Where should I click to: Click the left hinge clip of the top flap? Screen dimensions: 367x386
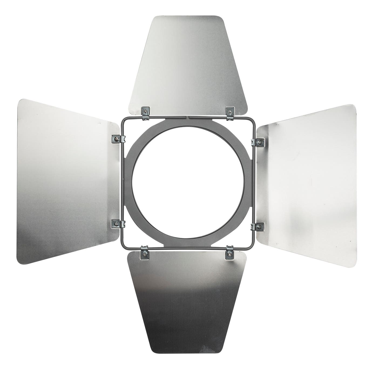click(x=145, y=112)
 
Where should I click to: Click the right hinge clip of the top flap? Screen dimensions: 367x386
click(x=230, y=112)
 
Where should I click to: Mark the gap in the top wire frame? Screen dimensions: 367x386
click(x=188, y=117)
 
